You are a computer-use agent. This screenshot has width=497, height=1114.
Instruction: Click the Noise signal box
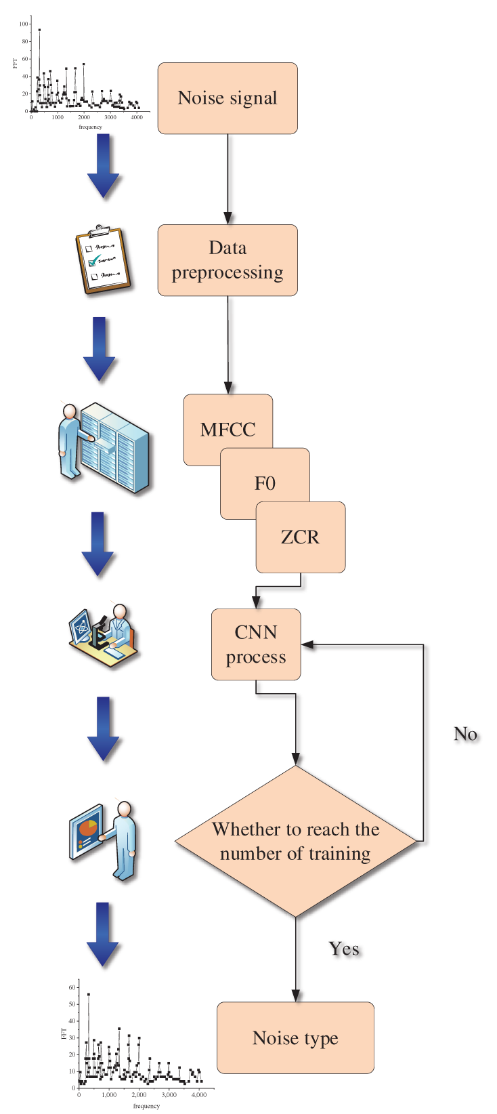[x=228, y=98]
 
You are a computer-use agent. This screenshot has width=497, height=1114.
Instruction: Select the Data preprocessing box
[x=228, y=260]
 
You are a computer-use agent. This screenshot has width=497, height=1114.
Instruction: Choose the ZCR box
[x=301, y=537]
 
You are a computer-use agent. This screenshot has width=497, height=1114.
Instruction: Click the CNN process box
[x=256, y=644]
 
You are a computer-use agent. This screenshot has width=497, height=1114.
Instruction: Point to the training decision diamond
[x=296, y=841]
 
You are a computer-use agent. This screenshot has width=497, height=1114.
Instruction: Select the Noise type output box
[x=295, y=1037]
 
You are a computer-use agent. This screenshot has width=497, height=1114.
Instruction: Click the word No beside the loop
[x=465, y=734]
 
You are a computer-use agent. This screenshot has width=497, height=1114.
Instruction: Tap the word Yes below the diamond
[x=344, y=949]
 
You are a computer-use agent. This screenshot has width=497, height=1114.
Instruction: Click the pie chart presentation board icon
[x=104, y=840]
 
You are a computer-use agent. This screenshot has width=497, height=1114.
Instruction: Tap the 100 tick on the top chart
[x=24, y=24]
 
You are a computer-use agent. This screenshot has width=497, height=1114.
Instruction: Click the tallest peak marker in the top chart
[x=39, y=30]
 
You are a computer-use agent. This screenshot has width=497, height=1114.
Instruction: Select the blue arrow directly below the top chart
[x=104, y=166]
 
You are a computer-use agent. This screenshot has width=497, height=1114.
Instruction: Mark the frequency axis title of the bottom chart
[x=146, y=1106]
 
